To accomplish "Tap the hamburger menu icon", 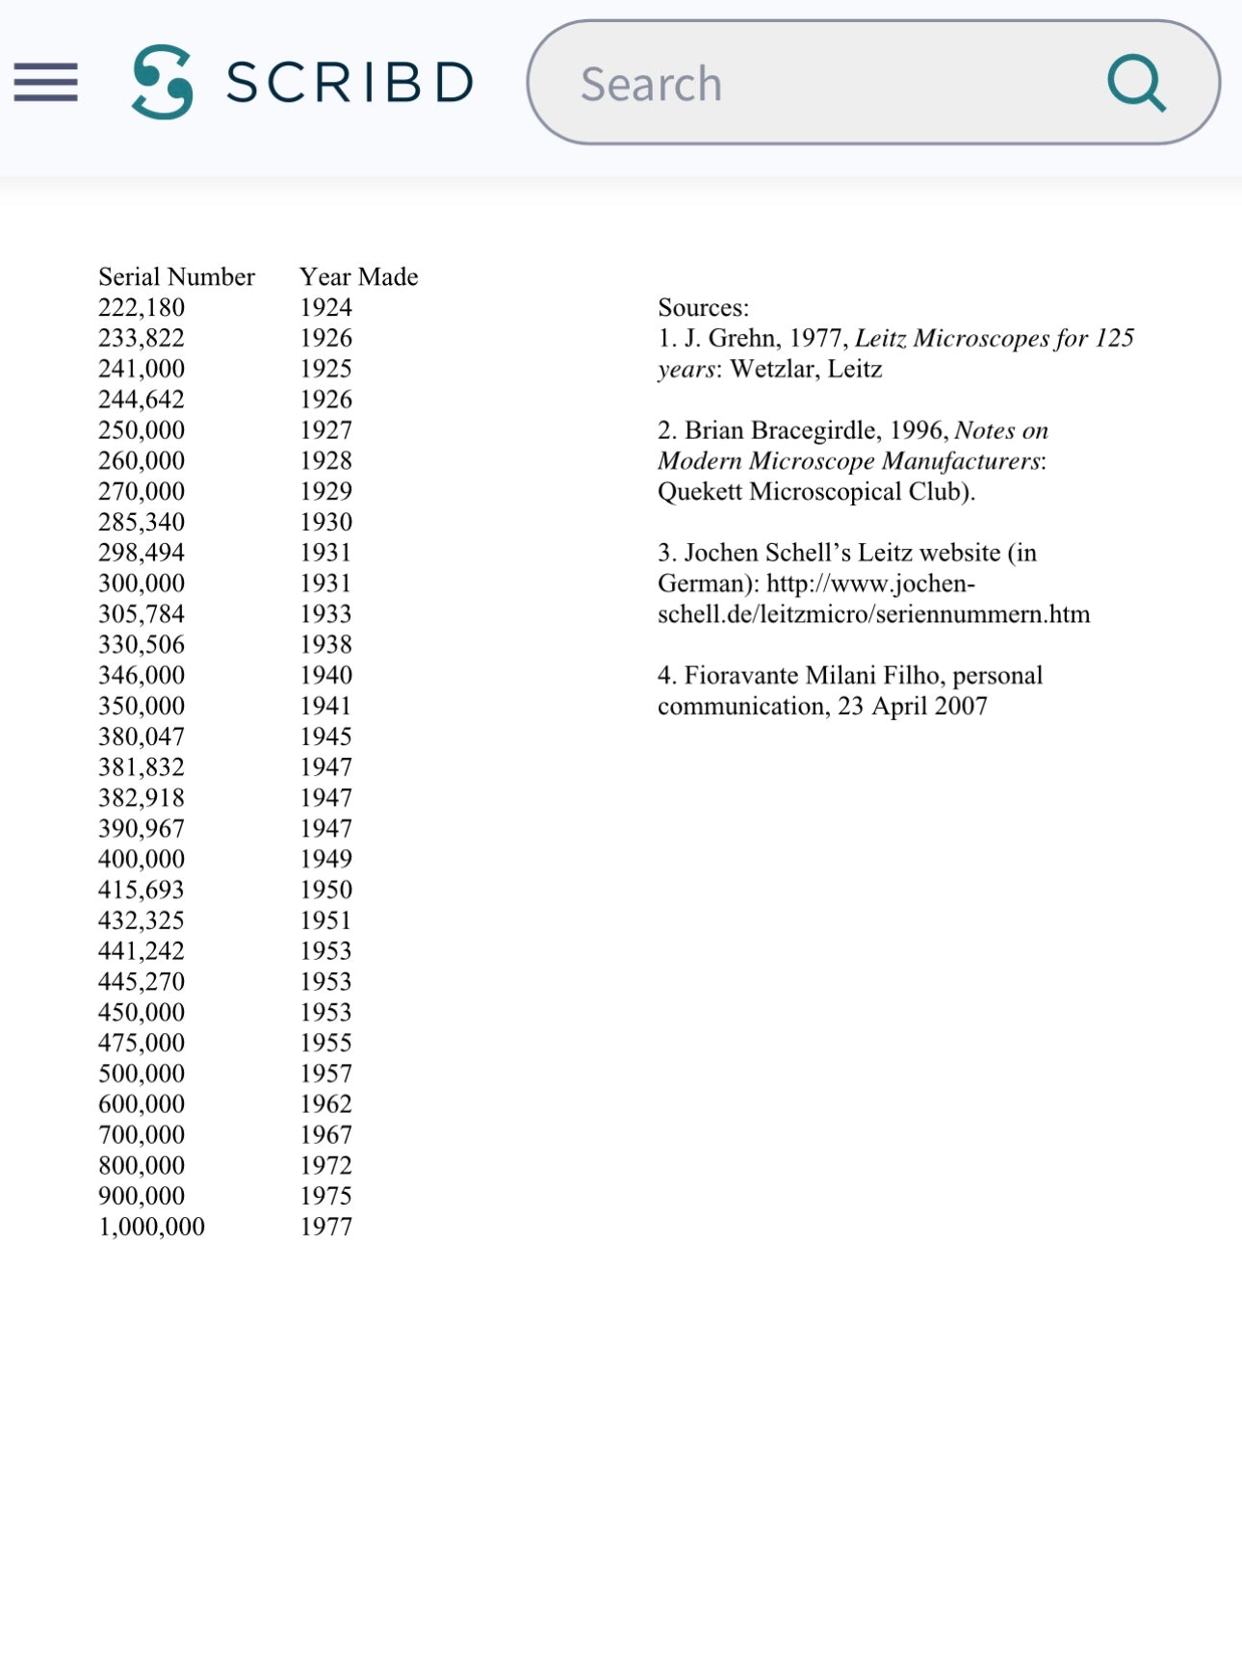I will [x=45, y=82].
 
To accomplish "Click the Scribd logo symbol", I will [x=163, y=82].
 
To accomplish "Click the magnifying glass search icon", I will [x=1136, y=83].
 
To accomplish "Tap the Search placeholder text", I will [x=651, y=84].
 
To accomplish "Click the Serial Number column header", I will [x=176, y=277].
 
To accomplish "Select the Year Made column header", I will [x=358, y=277].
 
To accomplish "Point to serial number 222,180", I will [x=142, y=308].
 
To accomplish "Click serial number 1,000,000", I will [x=151, y=1227].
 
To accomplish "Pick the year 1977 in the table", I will [x=325, y=1227].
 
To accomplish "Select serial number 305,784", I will [x=142, y=614].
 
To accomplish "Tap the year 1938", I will [x=325, y=645].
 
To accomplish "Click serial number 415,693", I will [x=142, y=890].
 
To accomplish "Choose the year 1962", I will [x=325, y=1104].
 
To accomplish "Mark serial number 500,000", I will [x=142, y=1074].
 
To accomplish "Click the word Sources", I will [x=702, y=308].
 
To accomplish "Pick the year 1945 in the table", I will [x=325, y=737].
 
